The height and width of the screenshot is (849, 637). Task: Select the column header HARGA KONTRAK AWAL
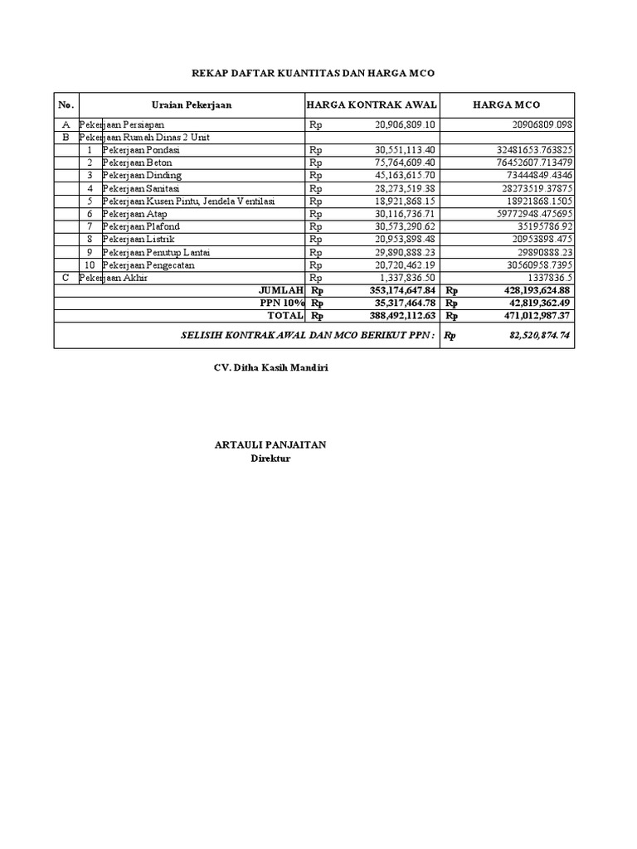click(x=372, y=104)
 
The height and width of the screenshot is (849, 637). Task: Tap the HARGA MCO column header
click(x=506, y=104)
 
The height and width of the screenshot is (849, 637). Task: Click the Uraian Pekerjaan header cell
click(x=192, y=104)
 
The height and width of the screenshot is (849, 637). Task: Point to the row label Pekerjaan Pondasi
click(x=141, y=150)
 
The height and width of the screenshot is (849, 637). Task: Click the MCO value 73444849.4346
click(x=532, y=176)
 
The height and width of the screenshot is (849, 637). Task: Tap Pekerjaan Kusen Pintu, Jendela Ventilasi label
click(x=188, y=201)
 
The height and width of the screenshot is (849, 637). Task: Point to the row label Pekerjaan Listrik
click(x=139, y=240)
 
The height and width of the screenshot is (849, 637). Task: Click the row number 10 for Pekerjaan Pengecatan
click(x=90, y=264)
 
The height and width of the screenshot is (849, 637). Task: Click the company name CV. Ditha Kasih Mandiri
click(x=270, y=368)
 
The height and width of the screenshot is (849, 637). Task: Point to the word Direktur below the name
click(x=270, y=458)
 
